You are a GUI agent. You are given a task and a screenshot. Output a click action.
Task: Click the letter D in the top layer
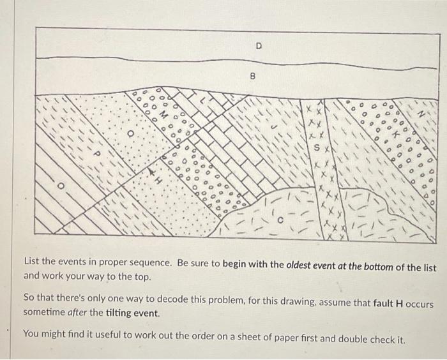coord(259,45)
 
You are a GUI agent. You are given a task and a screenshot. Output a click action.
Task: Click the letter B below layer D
coord(252,77)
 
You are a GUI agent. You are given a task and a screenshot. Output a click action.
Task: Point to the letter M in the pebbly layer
coord(163,115)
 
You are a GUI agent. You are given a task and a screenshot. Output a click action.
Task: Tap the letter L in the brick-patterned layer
coord(202,100)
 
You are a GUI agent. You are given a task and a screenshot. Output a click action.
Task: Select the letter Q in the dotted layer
coord(130,133)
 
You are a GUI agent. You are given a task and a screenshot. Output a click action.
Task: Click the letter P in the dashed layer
coord(96,154)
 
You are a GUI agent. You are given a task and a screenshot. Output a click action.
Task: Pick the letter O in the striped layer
coord(60,186)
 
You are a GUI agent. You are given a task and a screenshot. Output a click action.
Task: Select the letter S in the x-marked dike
coord(317,148)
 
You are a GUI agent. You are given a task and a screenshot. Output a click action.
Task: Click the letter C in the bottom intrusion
coord(280,220)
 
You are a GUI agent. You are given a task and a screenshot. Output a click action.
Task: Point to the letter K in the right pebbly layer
coord(395,134)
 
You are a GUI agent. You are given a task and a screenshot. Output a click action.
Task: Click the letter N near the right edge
coord(421,114)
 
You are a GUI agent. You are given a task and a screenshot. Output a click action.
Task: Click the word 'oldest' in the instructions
coord(299,266)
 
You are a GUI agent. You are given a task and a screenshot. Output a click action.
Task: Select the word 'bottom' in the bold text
coord(379,267)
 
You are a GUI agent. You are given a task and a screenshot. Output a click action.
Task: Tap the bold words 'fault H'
coord(388,303)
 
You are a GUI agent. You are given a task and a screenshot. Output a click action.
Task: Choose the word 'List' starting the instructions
coord(32,261)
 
